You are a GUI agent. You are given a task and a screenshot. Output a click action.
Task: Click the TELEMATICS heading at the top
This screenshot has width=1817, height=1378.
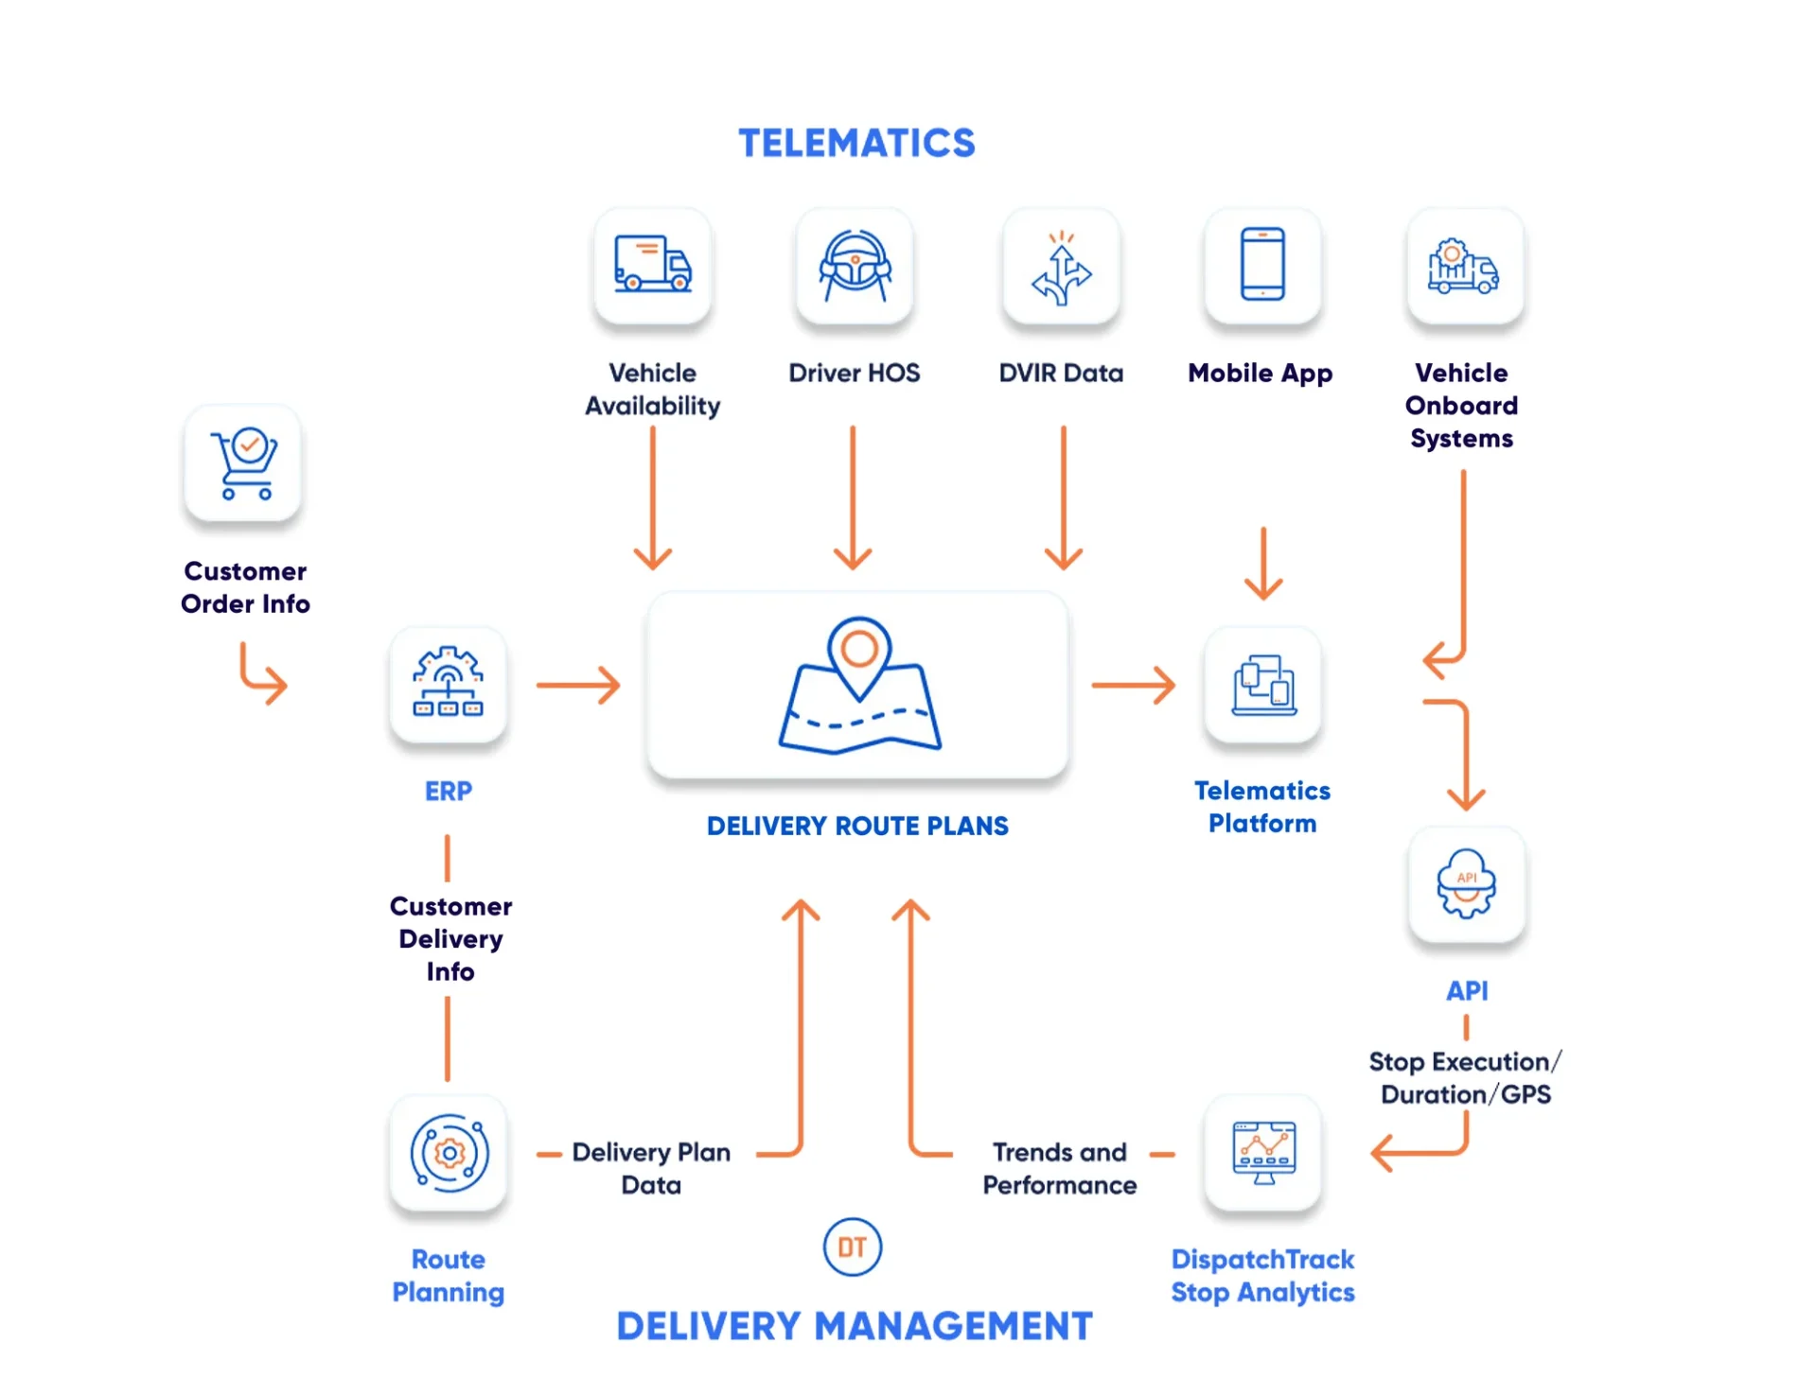856,144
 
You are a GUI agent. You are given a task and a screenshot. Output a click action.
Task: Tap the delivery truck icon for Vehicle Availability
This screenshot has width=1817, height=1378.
652,265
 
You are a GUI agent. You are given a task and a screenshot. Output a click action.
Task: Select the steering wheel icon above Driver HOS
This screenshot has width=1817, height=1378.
855,266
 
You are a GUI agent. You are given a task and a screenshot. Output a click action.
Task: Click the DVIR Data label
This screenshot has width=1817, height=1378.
1061,373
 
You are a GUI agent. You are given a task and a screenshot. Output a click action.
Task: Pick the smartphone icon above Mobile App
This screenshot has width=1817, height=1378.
1262,264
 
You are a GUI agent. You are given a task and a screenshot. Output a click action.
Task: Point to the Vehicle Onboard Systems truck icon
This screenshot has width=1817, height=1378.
1463,267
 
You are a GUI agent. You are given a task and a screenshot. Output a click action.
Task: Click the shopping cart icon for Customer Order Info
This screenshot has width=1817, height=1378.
244,462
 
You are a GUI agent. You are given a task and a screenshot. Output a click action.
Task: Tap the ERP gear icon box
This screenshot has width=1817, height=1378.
448,683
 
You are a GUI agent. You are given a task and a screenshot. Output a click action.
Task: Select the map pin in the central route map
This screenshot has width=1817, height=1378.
858,654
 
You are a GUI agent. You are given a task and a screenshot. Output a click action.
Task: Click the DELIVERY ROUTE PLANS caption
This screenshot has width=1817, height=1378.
857,826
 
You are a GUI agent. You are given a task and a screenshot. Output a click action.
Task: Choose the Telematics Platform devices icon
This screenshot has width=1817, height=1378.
1263,685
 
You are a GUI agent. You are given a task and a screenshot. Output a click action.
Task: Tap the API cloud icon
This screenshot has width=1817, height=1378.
1466,883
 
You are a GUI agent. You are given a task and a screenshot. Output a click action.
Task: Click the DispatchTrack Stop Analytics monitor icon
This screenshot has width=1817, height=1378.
1263,1152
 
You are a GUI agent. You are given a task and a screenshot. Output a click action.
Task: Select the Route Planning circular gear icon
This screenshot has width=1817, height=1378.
449,1153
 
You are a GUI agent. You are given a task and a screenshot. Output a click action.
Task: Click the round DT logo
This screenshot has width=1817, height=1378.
852,1247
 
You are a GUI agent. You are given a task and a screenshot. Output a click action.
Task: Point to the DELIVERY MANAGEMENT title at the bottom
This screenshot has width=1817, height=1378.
854,1326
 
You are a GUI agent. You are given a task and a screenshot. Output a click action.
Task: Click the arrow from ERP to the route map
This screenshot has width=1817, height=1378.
577,685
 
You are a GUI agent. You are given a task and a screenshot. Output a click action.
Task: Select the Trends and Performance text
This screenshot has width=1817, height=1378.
1059,1168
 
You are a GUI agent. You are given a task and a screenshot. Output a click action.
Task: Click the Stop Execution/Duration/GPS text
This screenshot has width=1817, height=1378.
1464,1077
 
